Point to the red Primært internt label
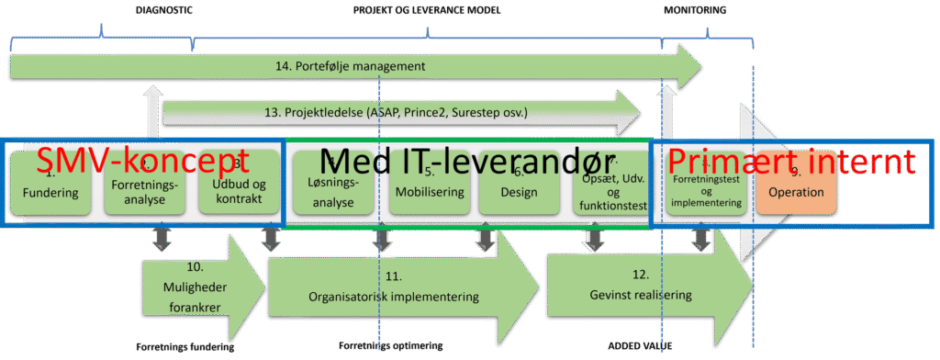pyautogui.click(x=790, y=163)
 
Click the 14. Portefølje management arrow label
pyautogui.click(x=349, y=67)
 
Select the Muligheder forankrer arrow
pyautogui.click(x=195, y=281)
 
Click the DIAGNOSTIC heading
pyautogui.click(x=164, y=10)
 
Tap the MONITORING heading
pyautogui.click(x=694, y=10)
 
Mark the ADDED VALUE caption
pyautogui.click(x=632, y=347)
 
